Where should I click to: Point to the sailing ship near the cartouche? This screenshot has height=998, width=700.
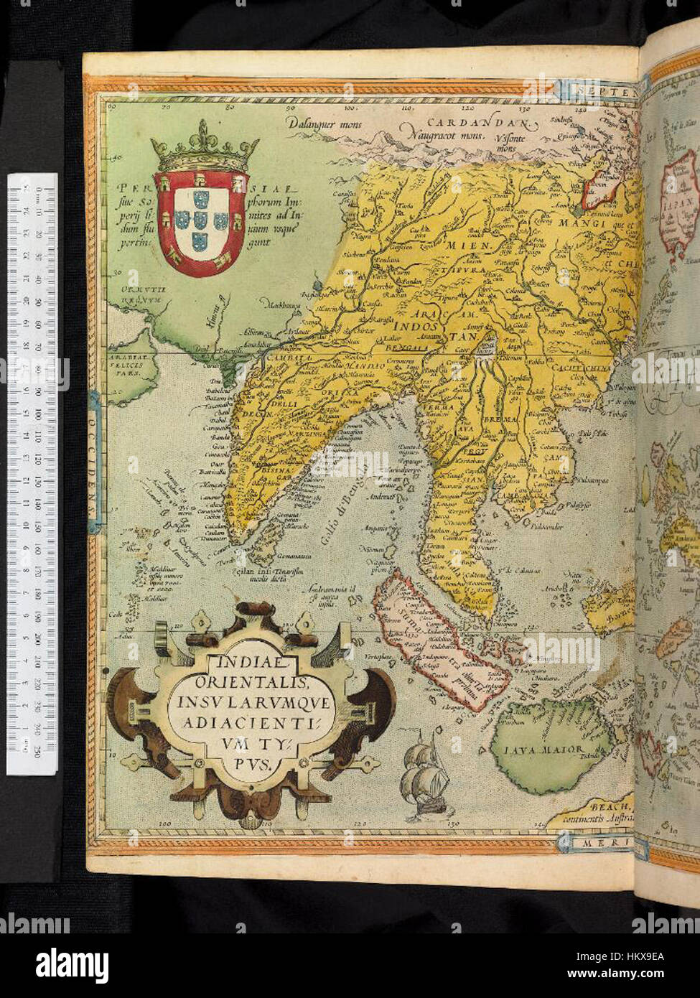pos(426,779)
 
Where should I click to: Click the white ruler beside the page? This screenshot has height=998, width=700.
pos(32,474)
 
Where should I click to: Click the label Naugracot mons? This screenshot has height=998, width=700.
pos(443,134)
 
